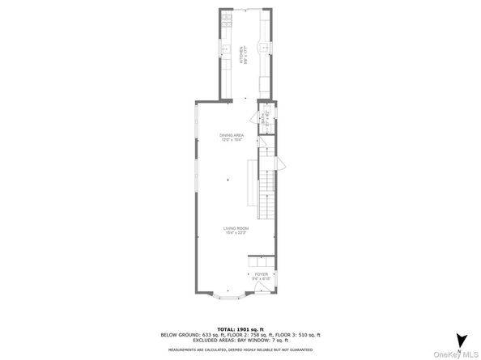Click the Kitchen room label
pyautogui.click(x=241, y=54)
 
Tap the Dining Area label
pyautogui.click(x=232, y=138)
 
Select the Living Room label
pyautogui.click(x=236, y=231)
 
